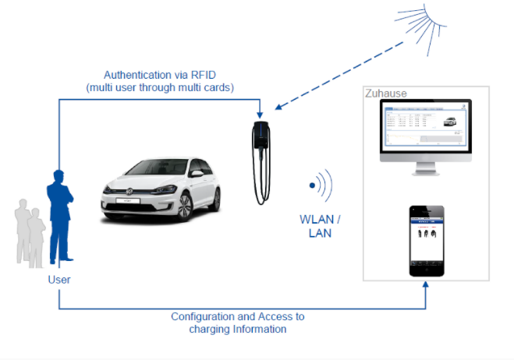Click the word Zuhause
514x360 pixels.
385,94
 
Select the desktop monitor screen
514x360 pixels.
425,130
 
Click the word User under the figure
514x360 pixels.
59,278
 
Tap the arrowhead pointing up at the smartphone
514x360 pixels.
427,286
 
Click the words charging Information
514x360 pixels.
238,329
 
